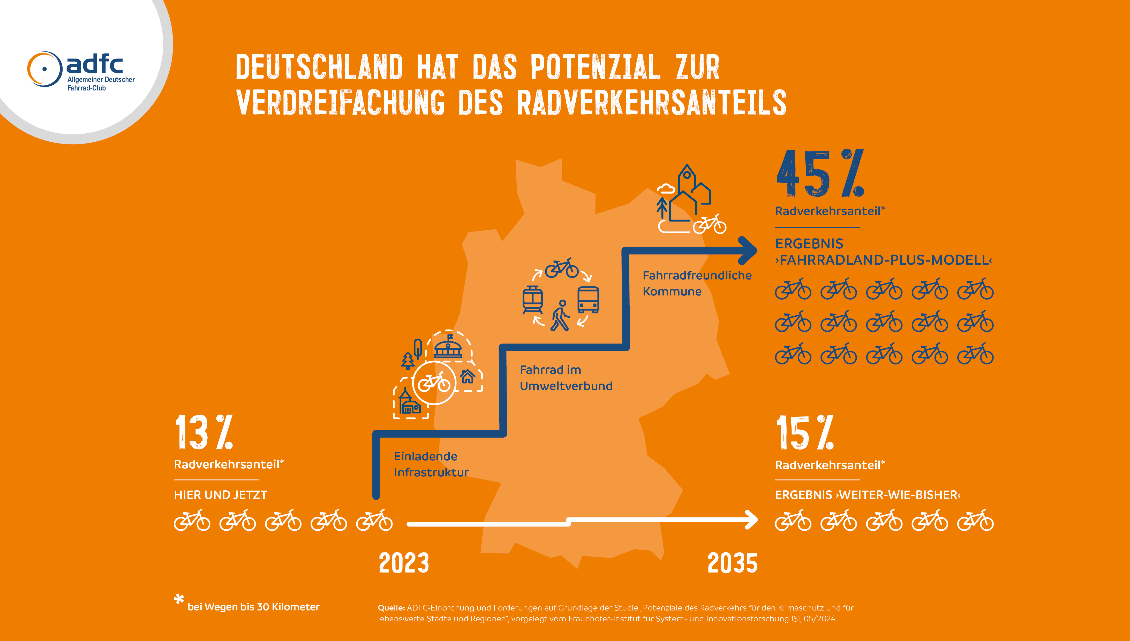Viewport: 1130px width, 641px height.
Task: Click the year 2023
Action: tap(404, 563)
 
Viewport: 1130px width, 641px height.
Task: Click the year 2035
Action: tap(732, 563)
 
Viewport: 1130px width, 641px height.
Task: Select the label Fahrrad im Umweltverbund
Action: tap(566, 378)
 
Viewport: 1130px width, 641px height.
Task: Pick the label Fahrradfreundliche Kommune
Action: tap(697, 283)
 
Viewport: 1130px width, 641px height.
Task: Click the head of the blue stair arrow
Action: tap(749, 250)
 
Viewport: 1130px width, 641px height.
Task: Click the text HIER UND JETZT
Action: tap(220, 495)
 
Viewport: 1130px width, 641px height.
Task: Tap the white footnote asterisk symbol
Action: tap(179, 599)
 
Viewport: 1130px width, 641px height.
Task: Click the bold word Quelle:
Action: tap(391, 608)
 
